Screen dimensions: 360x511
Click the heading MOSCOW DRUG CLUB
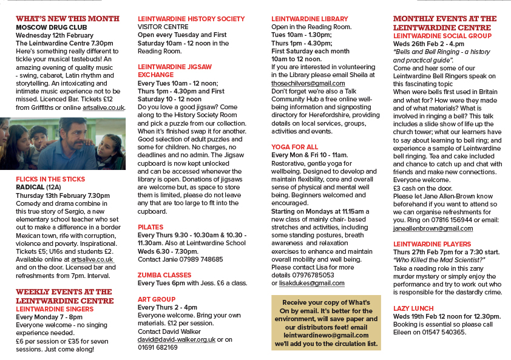pos(52,27)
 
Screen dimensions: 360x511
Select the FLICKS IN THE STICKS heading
pos(50,179)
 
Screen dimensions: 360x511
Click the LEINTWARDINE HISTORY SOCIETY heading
pos(191,19)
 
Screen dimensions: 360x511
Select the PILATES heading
pos(151,226)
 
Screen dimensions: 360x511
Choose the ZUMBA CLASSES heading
pos(165,274)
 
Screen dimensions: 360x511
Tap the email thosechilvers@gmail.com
pos(308,83)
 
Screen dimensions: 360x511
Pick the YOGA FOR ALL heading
pos(294,147)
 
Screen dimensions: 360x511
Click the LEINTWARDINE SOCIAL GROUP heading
pos(442,36)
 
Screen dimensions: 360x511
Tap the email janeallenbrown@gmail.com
pos(433,228)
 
